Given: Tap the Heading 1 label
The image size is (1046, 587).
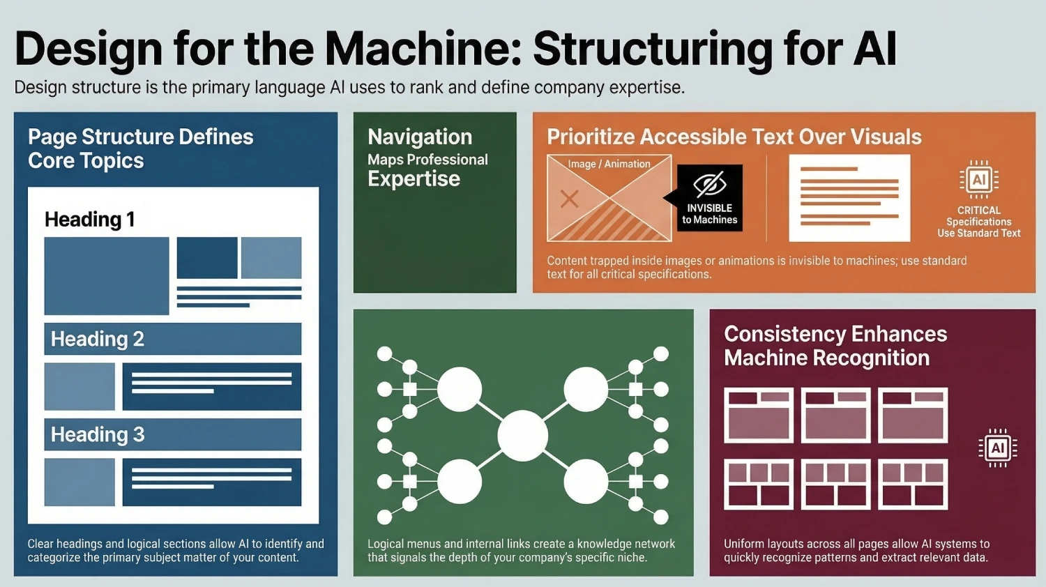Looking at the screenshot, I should click(x=89, y=220).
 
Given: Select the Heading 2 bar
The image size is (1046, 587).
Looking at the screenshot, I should click(x=173, y=339).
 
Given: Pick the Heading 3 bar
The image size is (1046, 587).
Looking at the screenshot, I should click(x=173, y=434).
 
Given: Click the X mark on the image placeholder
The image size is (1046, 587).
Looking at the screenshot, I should click(x=570, y=199).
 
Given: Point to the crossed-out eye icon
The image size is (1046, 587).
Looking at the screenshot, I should click(x=709, y=185).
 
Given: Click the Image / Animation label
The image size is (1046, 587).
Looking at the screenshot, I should click(x=609, y=164).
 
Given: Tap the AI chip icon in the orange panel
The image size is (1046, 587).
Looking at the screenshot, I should click(x=979, y=180).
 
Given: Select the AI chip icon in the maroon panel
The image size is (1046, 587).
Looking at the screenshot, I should click(x=997, y=448).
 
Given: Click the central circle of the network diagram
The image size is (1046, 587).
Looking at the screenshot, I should click(x=522, y=436).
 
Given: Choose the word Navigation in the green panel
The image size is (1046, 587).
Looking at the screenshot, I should click(x=420, y=137).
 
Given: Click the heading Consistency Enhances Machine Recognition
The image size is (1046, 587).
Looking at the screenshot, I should click(x=835, y=346).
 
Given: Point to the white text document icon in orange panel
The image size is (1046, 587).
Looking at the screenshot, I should click(x=849, y=198).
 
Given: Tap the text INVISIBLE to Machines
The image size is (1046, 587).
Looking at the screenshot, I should click(x=709, y=213).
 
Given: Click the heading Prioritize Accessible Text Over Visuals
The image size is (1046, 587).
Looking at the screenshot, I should click(x=734, y=137).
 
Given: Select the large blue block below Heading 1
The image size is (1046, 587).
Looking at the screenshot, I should click(x=107, y=276).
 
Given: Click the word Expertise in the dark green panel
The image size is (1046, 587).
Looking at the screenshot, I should click(x=414, y=179).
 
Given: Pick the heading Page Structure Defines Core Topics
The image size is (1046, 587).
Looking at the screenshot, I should click(x=140, y=148).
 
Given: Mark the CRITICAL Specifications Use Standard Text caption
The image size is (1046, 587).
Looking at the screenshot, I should click(x=978, y=222).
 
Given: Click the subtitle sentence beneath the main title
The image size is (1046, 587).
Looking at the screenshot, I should click(x=349, y=88).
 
